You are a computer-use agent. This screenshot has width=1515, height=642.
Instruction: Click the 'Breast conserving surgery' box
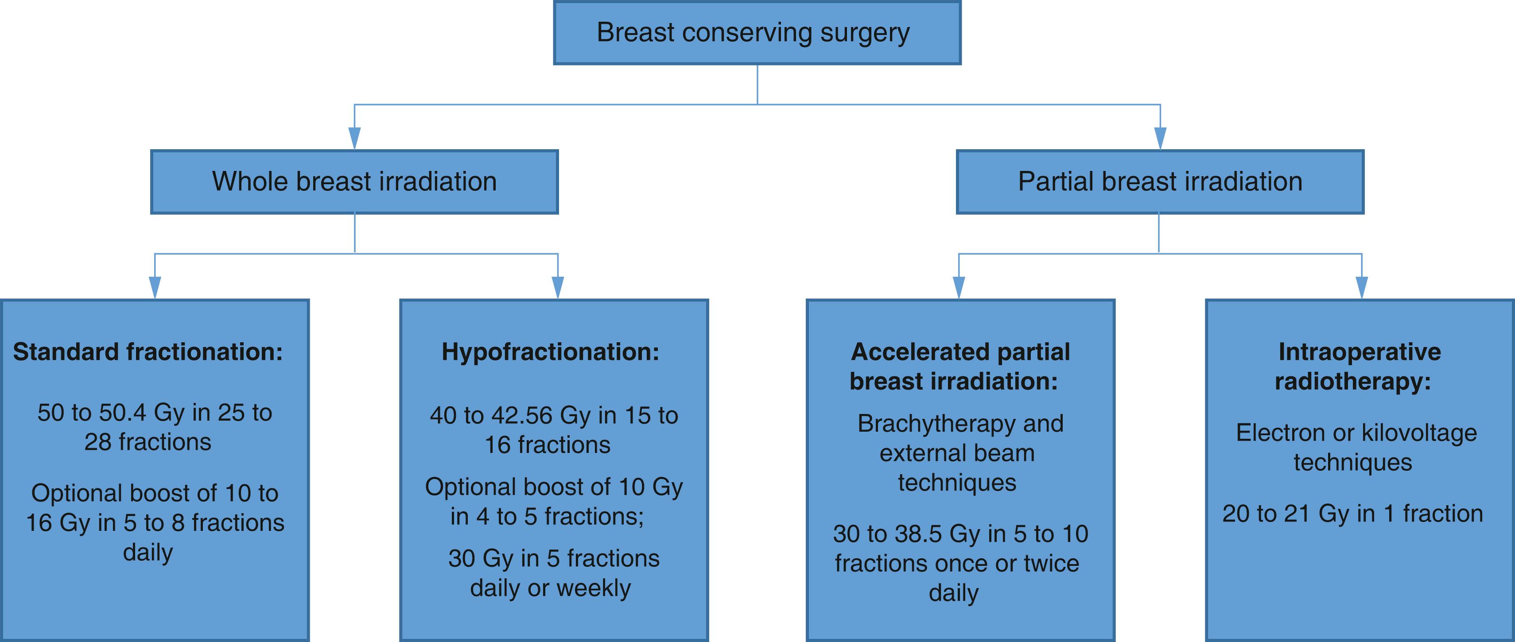pyautogui.click(x=757, y=33)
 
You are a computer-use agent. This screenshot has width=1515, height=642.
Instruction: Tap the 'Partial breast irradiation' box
pyautogui.click(x=1160, y=182)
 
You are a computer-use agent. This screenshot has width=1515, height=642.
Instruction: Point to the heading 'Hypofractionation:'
pyautogui.click(x=551, y=352)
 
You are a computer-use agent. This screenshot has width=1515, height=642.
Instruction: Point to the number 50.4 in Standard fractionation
pyautogui.click(x=122, y=413)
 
